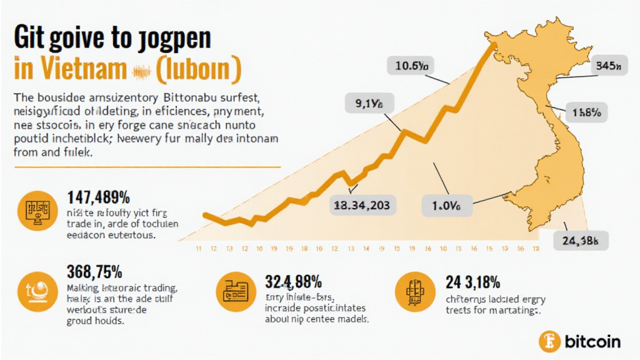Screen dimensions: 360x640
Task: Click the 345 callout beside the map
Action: (x=608, y=64)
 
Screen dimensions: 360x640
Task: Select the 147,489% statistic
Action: (x=98, y=198)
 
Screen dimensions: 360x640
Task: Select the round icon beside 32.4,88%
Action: (x=232, y=290)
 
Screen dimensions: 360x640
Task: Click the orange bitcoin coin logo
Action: (x=549, y=341)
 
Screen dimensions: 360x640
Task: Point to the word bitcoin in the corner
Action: (x=592, y=341)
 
